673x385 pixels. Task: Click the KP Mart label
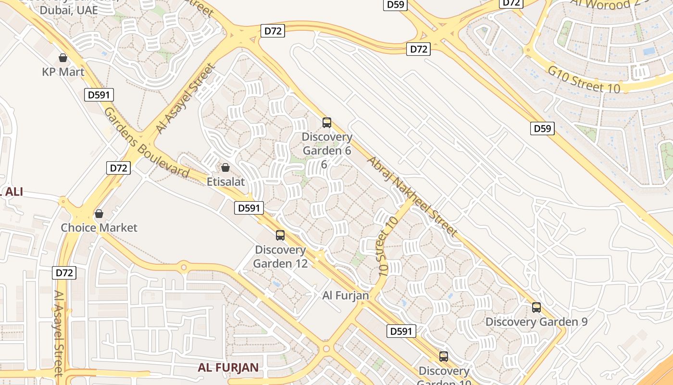coord(63,72)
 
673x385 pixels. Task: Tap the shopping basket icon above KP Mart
coord(63,58)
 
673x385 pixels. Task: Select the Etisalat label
coord(225,182)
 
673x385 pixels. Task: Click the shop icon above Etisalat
coord(225,167)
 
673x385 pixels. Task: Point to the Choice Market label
coord(99,228)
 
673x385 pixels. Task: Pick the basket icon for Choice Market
coord(99,213)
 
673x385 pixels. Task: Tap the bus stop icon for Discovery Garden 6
coord(327,123)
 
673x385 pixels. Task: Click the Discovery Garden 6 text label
coord(327,144)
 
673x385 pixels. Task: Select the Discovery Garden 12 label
coord(280,257)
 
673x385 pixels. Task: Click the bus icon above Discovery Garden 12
coord(280,235)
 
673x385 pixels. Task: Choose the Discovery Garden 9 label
coord(536,322)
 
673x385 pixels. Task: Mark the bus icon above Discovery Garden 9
coord(536,308)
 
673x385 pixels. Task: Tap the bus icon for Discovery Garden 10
coord(444,357)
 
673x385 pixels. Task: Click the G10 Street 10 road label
coord(584,80)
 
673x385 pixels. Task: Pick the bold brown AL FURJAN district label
coord(228,368)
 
